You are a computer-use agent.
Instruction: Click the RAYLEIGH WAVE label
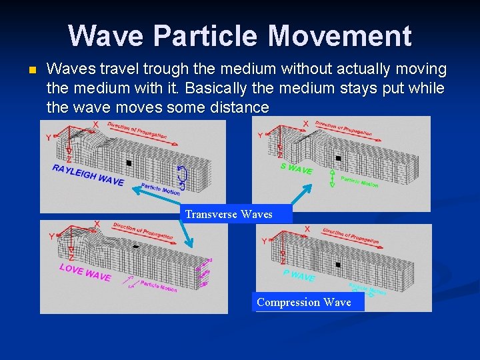(88, 175)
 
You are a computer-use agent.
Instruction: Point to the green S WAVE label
(296, 169)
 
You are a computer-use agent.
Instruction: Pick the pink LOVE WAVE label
(85, 272)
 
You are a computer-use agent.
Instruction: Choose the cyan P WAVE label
(298, 275)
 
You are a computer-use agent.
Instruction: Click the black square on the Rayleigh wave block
(129, 163)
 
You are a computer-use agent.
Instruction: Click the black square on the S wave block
(338, 159)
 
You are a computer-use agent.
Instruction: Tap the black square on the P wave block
(337, 264)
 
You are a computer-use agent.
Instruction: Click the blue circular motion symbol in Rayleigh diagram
(183, 175)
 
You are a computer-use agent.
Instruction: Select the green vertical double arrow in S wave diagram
(332, 177)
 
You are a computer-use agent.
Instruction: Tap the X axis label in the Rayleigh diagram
(95, 124)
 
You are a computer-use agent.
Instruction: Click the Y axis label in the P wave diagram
(265, 241)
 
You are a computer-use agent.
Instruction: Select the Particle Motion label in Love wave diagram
(159, 287)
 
